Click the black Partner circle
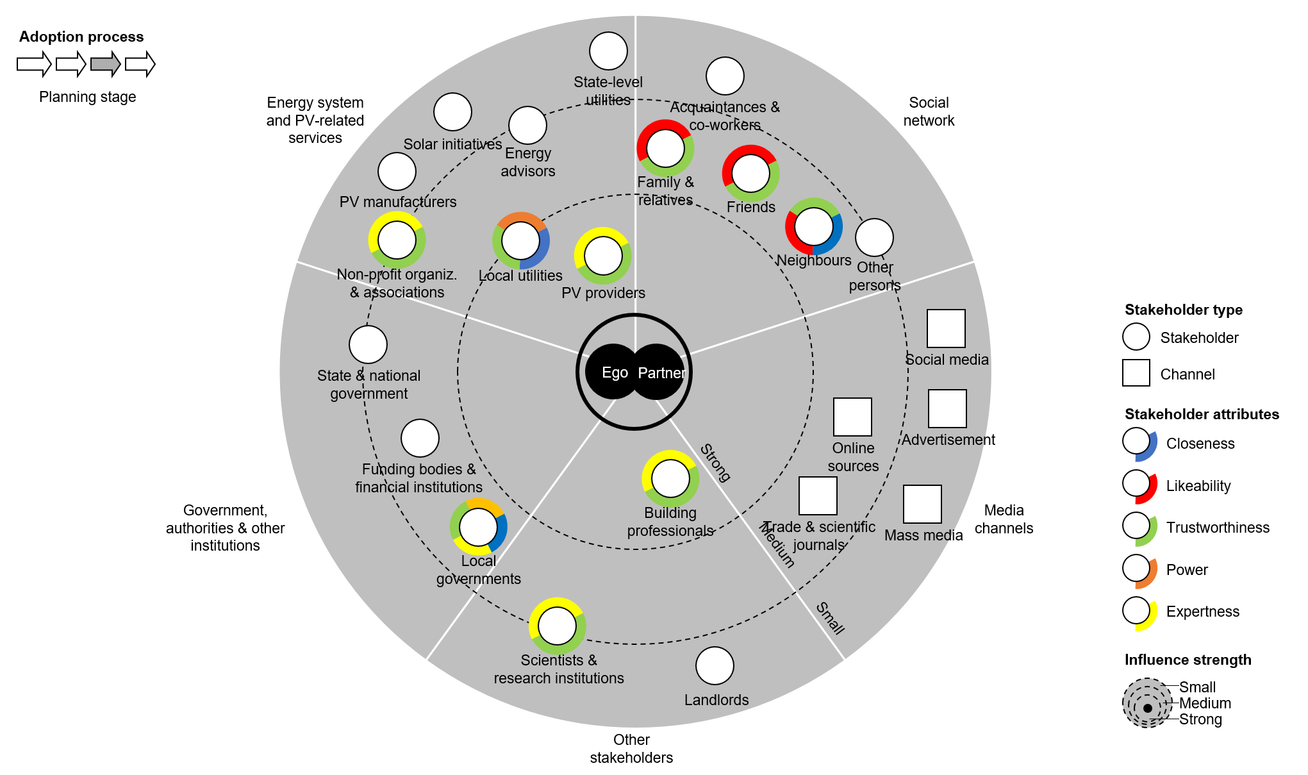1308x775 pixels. click(658, 372)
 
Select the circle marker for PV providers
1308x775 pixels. click(603, 256)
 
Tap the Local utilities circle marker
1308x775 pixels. click(520, 241)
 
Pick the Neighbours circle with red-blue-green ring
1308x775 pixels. click(814, 226)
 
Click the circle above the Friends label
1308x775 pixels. click(750, 173)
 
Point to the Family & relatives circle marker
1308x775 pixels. click(665, 148)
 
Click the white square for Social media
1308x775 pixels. click(946, 328)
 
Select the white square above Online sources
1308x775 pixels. click(852, 417)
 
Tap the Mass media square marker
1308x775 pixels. click(922, 504)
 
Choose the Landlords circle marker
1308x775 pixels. click(715, 665)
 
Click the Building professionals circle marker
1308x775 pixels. click(670, 479)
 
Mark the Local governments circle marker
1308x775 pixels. click(478, 527)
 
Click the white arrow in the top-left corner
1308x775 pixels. click(34, 64)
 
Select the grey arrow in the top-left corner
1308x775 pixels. click(106, 64)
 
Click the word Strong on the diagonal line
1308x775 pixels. click(715, 462)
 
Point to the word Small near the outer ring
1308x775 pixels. click(831, 618)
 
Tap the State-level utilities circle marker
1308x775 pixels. click(608, 51)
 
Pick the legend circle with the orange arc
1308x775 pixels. click(1136, 568)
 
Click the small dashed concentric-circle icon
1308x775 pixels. click(1147, 703)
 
